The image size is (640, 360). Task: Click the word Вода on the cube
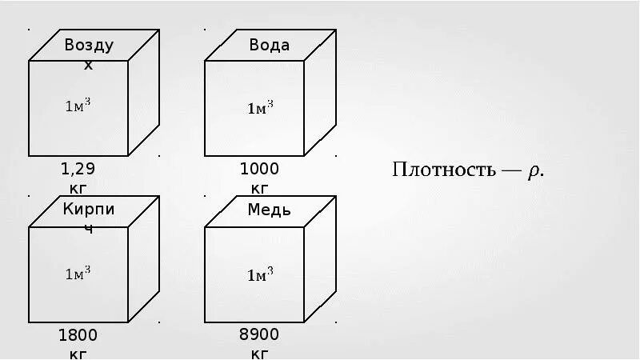269,45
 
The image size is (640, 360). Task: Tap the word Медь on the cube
269,210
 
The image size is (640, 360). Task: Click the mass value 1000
259,169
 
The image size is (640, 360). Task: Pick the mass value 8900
259,334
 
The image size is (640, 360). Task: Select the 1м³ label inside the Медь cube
260,275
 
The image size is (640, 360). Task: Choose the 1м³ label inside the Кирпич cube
78,273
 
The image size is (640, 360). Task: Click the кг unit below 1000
259,189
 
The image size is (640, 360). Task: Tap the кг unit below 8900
259,353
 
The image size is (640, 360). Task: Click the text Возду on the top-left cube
89,45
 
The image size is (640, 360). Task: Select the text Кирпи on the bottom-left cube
89,210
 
